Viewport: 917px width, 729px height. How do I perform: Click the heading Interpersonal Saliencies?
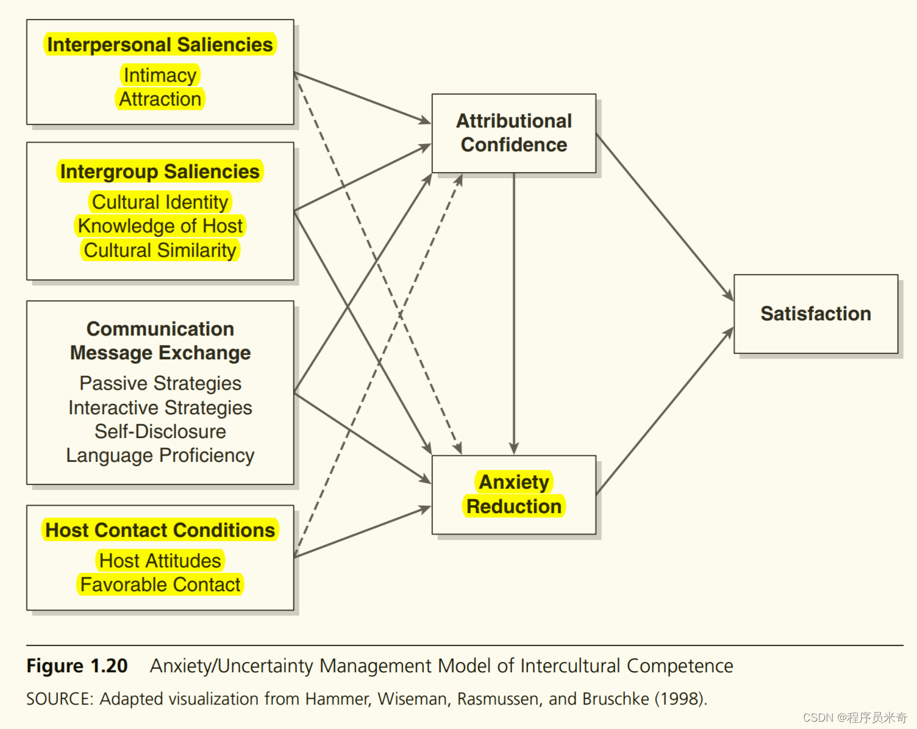point(160,45)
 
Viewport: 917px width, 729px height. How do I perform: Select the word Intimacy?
point(160,75)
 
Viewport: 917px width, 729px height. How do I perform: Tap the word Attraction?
point(160,99)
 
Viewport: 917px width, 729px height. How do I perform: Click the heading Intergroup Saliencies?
point(160,171)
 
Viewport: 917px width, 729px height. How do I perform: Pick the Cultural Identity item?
point(160,202)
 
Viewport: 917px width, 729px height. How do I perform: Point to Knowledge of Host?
point(160,226)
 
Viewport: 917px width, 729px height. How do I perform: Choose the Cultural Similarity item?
point(160,250)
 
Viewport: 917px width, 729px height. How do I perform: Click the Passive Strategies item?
point(160,383)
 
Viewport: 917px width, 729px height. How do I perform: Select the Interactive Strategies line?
point(160,408)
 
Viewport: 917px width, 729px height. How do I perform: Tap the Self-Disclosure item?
point(160,431)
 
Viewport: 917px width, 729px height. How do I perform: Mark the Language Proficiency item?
point(160,455)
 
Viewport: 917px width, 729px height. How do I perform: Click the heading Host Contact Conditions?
point(160,530)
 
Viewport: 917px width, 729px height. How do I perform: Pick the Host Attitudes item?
point(160,561)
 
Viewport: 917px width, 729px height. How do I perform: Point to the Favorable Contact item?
point(160,584)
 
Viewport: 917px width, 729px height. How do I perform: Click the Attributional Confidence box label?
point(514,132)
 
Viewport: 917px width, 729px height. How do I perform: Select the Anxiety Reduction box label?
point(514,494)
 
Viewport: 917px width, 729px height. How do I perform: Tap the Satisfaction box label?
point(816,314)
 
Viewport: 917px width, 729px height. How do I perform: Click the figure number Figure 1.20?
point(77,666)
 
